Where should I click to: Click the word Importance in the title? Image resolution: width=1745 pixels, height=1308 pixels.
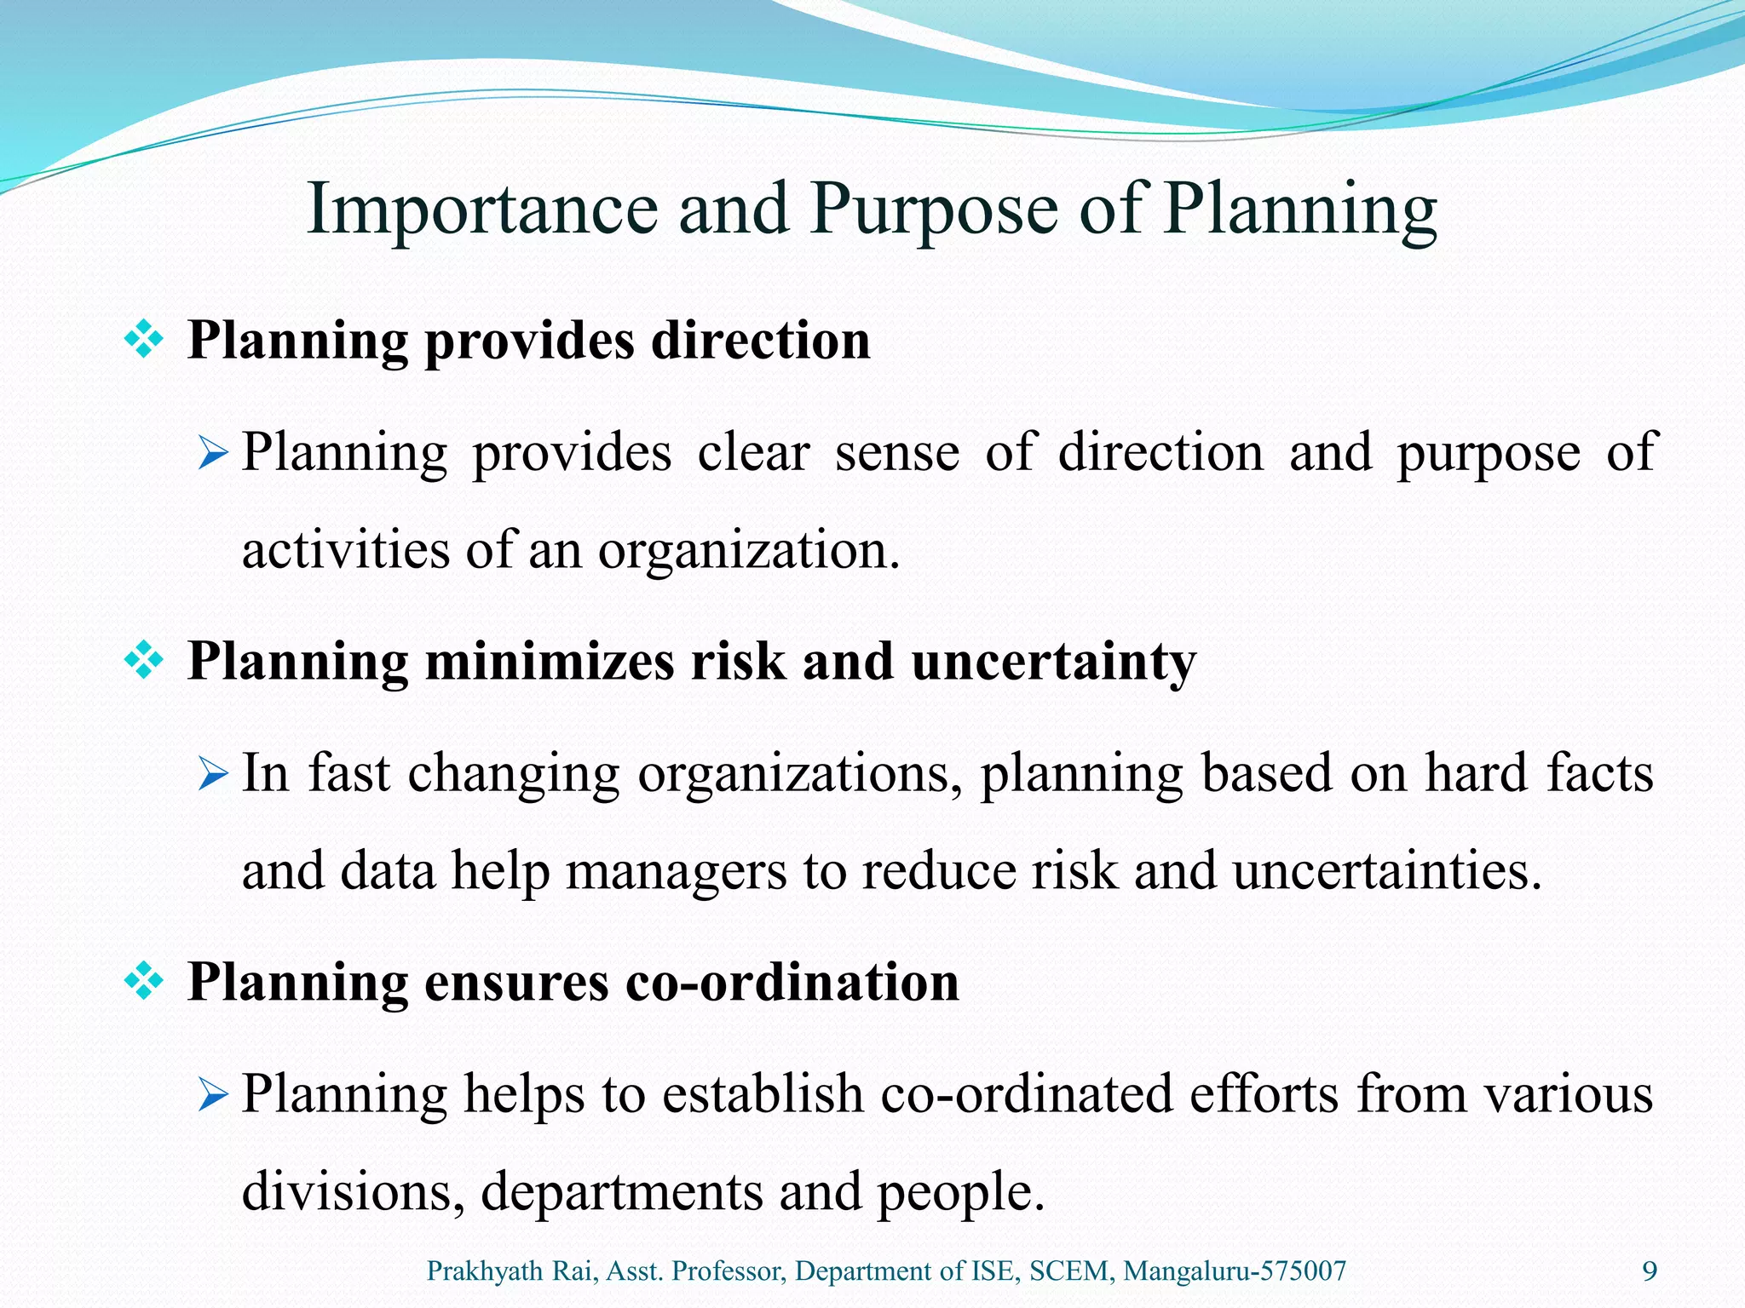pyautogui.click(x=482, y=209)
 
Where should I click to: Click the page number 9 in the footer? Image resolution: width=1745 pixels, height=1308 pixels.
pyautogui.click(x=1650, y=1271)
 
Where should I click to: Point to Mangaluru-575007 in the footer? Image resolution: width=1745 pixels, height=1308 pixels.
pyautogui.click(x=1235, y=1271)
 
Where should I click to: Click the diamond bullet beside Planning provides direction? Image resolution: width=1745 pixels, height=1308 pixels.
pyautogui.click(x=144, y=341)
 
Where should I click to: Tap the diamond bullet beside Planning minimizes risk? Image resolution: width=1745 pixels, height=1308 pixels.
pyautogui.click(x=144, y=661)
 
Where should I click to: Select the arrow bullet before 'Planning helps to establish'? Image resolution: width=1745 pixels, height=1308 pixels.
pyautogui.click(x=212, y=1095)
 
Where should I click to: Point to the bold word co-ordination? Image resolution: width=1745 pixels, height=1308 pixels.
pyautogui.click(x=792, y=982)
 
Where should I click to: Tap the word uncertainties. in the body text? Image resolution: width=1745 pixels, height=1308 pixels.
pyautogui.click(x=1387, y=871)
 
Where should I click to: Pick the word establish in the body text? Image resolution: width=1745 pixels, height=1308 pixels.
pyautogui.click(x=763, y=1093)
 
